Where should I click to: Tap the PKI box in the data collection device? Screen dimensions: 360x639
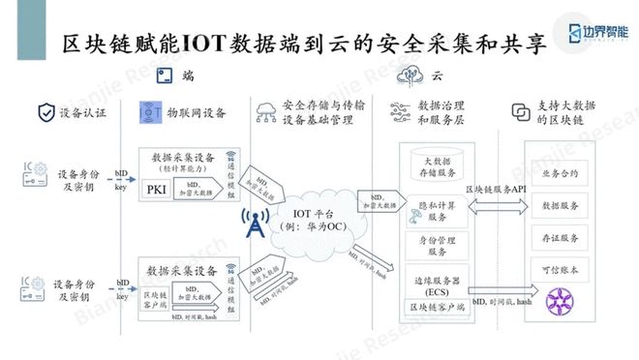(156, 190)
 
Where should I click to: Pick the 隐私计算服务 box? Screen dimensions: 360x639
(437, 211)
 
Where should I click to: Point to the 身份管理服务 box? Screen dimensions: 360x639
(437, 244)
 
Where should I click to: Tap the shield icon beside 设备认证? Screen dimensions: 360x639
(45, 112)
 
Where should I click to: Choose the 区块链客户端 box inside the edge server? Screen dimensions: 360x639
(436, 306)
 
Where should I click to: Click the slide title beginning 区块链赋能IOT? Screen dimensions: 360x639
(301, 43)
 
